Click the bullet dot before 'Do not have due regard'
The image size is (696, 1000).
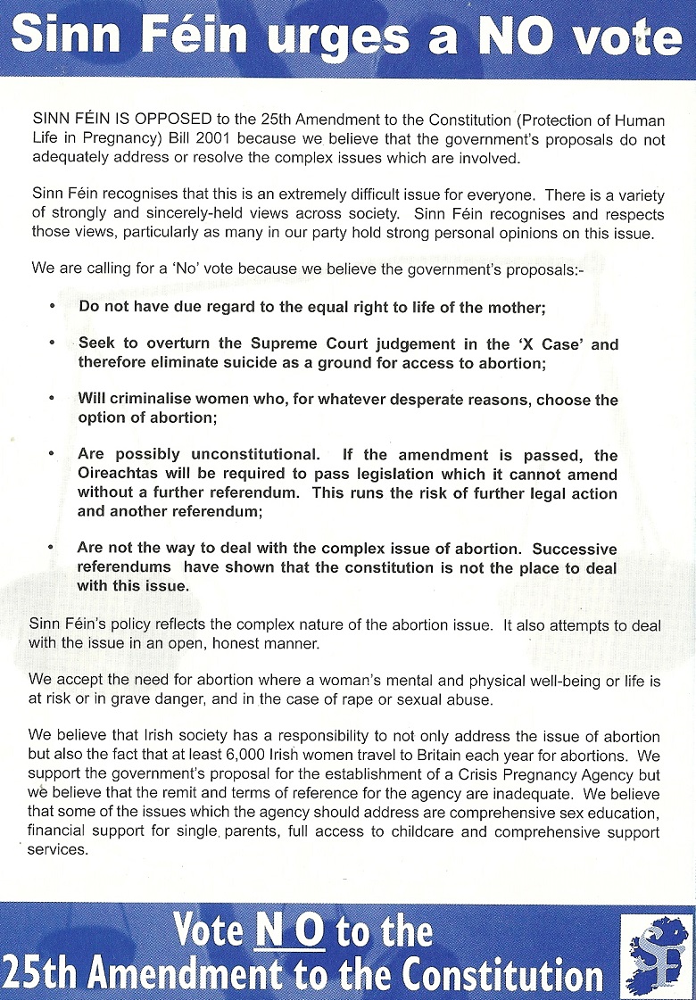[x=53, y=306]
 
